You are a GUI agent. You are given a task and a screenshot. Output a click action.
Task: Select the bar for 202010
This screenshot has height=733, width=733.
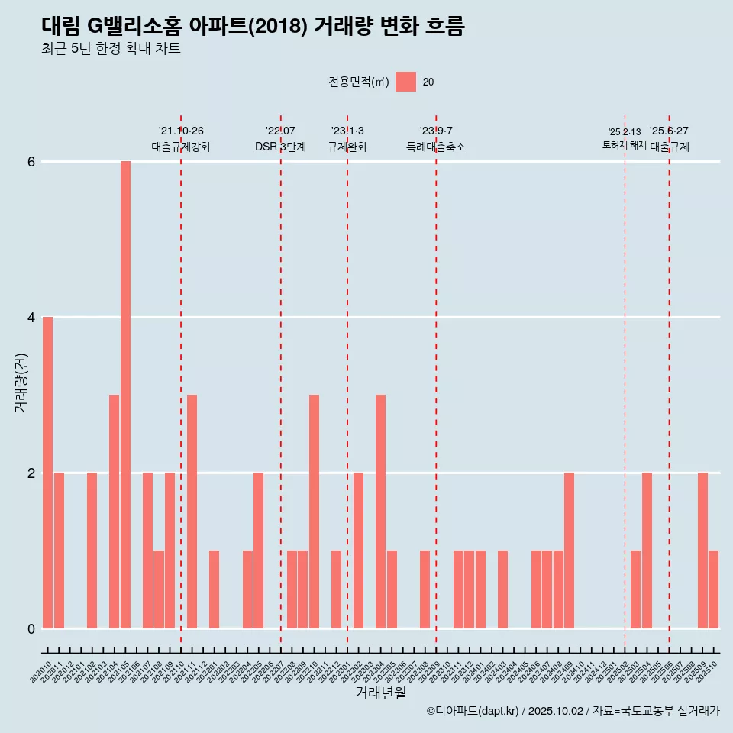[47, 473]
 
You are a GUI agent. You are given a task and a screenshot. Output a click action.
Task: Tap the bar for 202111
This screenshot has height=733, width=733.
[192, 512]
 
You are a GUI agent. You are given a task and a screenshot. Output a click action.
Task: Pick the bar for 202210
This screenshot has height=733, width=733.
[314, 512]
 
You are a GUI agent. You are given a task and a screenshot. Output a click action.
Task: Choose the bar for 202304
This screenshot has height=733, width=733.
[380, 512]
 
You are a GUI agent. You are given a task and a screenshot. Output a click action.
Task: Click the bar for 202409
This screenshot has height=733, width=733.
[569, 551]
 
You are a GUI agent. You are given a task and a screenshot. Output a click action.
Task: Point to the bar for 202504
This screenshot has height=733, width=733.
[647, 551]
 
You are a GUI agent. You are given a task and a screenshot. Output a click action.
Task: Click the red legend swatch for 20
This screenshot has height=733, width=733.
[405, 82]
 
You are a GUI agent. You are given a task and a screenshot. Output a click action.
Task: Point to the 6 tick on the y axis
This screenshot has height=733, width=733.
[31, 162]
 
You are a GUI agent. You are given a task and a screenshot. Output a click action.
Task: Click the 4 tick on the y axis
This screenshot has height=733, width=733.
[31, 317]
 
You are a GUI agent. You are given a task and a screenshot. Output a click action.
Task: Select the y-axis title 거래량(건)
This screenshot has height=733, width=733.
[21, 383]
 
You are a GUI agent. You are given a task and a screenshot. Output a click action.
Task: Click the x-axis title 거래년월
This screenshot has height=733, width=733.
[380, 693]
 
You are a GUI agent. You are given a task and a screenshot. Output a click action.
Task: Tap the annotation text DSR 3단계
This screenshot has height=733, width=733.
[280, 147]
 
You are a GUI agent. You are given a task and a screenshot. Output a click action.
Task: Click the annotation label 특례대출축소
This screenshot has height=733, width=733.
[435, 147]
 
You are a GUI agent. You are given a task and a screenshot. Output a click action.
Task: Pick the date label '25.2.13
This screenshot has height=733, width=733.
[625, 131]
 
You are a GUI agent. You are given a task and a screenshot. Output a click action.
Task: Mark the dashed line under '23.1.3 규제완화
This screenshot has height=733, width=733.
[347, 382]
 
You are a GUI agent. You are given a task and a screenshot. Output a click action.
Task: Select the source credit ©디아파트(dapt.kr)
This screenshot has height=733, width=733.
[473, 711]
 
